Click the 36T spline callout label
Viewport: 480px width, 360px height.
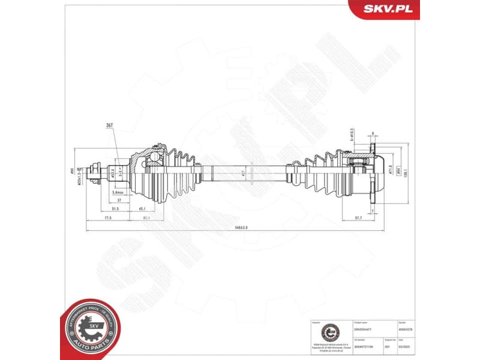[110, 125]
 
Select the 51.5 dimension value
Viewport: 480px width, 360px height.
[115, 208]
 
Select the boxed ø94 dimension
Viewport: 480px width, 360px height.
[397, 171]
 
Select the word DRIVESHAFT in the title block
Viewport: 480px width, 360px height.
[364, 328]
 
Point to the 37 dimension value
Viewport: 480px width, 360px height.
[119, 200]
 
